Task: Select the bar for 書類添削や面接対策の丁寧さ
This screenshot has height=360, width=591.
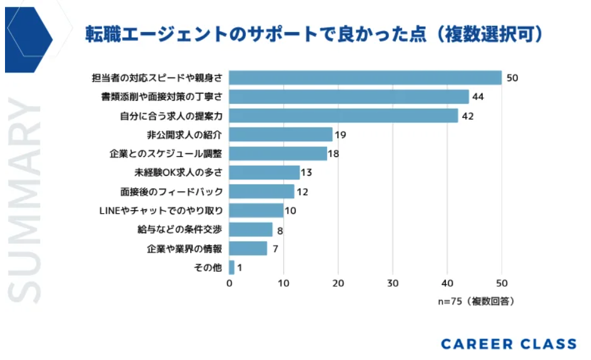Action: pos(349,97)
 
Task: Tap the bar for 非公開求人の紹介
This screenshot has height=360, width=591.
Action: pos(281,134)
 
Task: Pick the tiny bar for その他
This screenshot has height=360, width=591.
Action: pos(232,267)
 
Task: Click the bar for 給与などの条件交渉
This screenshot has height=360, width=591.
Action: pos(251,229)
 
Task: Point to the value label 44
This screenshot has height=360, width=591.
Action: pos(479,97)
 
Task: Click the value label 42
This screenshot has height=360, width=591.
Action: pos(468,116)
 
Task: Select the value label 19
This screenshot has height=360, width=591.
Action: pos(340,135)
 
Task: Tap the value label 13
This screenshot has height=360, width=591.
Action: pos(306,172)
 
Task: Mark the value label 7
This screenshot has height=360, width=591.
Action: pos(275,249)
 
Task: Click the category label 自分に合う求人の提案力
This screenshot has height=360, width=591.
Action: pos(171,116)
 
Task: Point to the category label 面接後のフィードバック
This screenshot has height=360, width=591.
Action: pos(171,191)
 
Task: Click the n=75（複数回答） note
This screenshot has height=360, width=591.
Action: pos(476,301)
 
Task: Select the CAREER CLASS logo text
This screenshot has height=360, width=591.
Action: pos(508,344)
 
